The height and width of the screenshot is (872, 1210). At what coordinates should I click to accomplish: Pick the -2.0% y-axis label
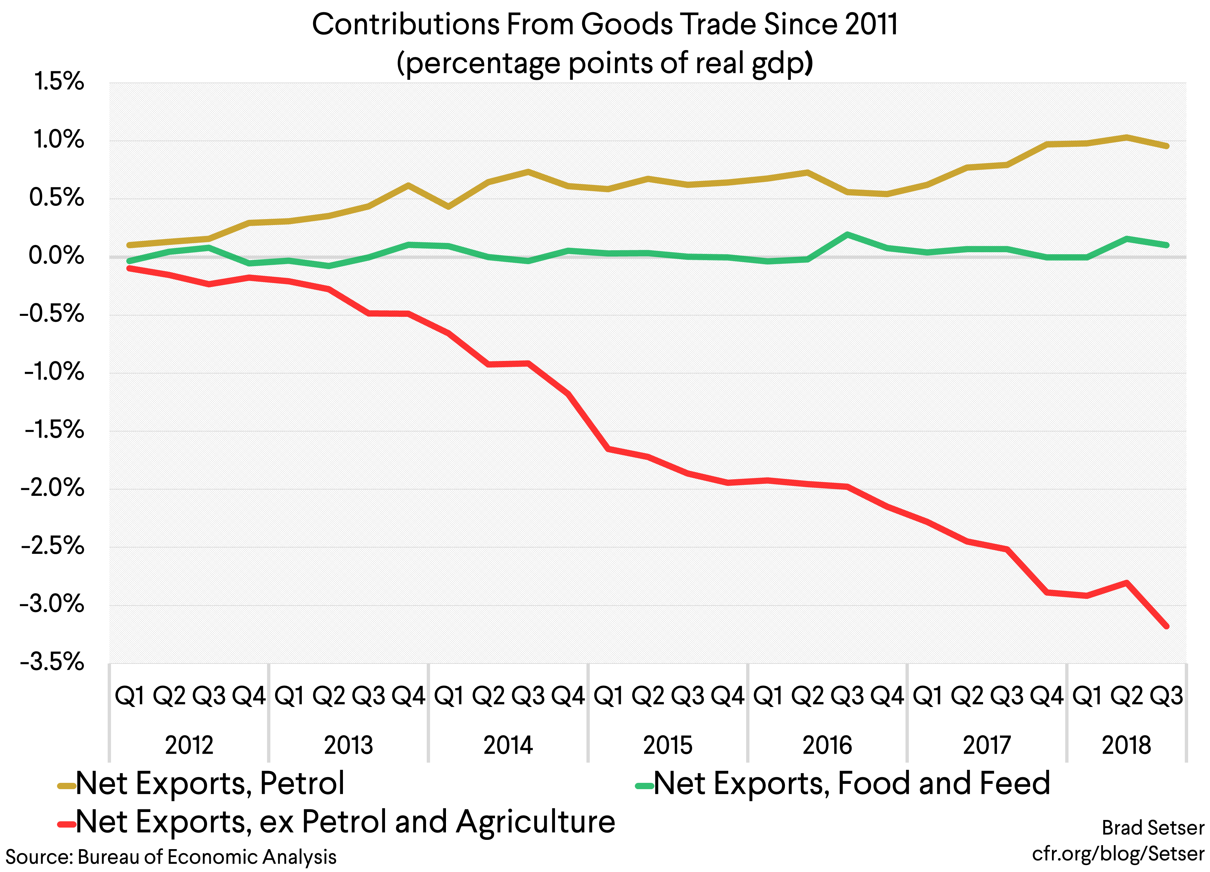point(52,488)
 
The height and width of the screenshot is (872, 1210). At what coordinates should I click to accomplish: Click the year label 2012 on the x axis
point(189,745)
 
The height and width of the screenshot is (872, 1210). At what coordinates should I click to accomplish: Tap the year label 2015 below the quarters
point(667,745)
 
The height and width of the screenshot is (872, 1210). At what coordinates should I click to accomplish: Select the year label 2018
point(1126,745)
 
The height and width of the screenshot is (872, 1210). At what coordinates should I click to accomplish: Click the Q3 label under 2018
point(1166,696)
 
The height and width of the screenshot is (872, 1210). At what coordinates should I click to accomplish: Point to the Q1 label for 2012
point(130,696)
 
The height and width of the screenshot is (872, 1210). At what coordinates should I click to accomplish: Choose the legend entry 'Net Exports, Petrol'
point(210,784)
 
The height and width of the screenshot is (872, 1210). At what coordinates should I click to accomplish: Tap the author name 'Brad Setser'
point(1152,828)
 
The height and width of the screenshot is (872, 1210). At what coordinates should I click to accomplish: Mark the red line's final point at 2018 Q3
point(1166,626)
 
